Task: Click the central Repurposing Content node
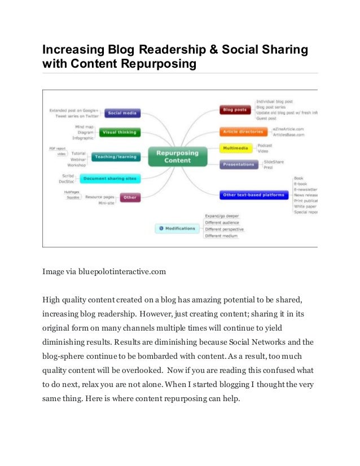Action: [174, 156]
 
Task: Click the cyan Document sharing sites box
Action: [110, 179]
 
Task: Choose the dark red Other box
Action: [130, 197]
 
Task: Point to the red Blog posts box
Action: [235, 109]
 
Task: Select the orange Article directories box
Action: [243, 131]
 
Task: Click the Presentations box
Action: [239, 165]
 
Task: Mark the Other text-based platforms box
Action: [254, 195]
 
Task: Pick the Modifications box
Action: [177, 228]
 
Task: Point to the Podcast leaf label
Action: [265, 145]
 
